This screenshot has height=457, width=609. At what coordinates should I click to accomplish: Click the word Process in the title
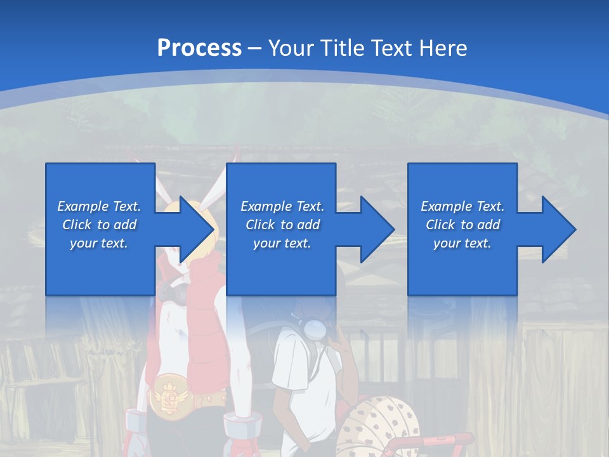(199, 48)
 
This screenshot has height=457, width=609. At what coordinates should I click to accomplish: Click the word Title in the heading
(341, 48)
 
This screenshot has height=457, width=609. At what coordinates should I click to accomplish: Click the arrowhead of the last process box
(558, 229)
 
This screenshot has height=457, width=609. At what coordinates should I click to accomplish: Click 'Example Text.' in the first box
(99, 206)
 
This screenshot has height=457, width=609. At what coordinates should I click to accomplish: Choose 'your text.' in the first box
(99, 243)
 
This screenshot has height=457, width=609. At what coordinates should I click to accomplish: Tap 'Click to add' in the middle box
(282, 225)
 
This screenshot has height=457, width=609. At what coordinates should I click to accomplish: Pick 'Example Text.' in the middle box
(282, 206)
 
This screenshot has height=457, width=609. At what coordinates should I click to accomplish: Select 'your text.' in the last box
(462, 243)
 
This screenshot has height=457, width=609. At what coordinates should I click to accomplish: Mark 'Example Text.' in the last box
(462, 206)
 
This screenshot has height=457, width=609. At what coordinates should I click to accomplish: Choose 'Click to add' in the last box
(462, 225)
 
